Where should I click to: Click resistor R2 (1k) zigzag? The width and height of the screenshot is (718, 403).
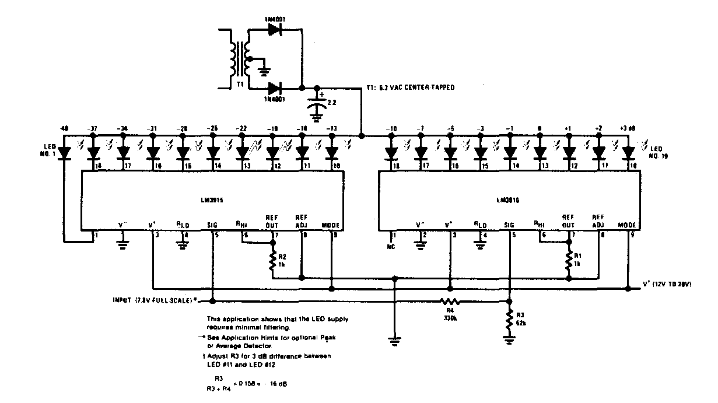(271, 260)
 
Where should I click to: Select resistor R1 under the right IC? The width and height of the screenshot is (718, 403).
(569, 260)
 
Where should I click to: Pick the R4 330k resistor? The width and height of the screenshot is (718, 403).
(450, 302)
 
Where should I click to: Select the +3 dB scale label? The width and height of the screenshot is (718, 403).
(628, 127)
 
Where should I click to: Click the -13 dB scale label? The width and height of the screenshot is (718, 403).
(331, 128)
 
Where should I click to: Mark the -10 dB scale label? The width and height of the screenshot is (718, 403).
(391, 128)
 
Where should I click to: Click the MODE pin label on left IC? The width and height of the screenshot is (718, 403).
(331, 225)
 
